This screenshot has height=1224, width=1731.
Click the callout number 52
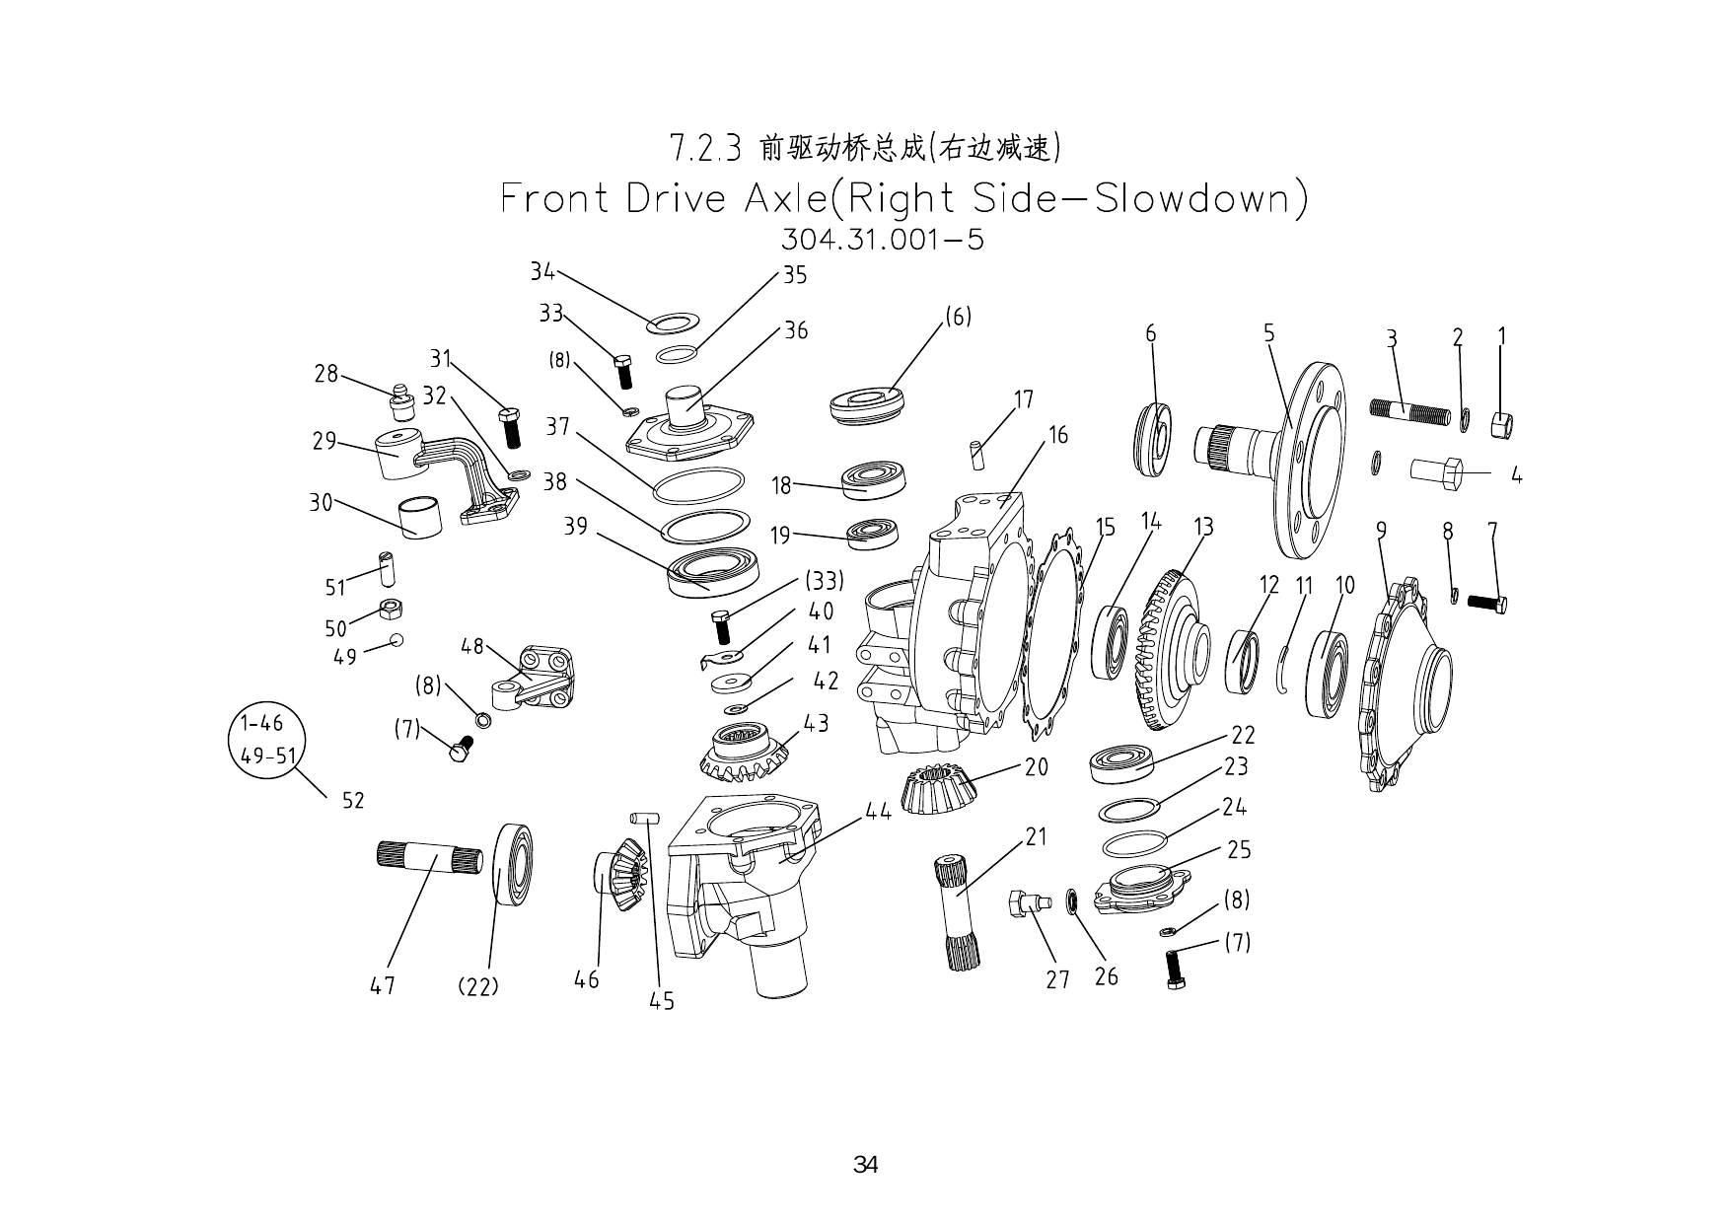353,800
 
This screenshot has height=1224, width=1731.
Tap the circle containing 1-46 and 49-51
266,740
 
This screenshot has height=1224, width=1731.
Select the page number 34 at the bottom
865,1165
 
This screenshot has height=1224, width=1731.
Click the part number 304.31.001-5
882,240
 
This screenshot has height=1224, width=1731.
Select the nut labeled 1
1501,426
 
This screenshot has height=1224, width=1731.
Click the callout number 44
878,811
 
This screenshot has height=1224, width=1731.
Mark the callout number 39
575,527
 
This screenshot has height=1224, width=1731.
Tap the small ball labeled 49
397,639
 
